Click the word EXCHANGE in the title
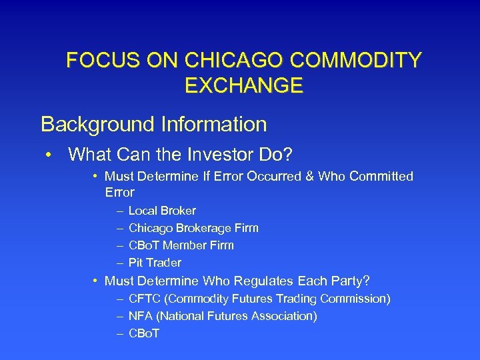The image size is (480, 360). (x=243, y=85)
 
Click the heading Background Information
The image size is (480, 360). (x=153, y=124)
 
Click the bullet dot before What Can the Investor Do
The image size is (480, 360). (x=49, y=155)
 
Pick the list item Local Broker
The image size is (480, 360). (x=162, y=211)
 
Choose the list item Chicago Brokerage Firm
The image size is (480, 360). (x=193, y=228)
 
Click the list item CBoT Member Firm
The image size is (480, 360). (x=181, y=245)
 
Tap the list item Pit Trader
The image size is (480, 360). (x=155, y=263)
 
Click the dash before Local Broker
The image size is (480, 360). (x=119, y=211)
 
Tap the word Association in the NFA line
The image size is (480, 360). (x=283, y=316)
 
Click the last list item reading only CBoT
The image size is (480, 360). (x=144, y=333)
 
